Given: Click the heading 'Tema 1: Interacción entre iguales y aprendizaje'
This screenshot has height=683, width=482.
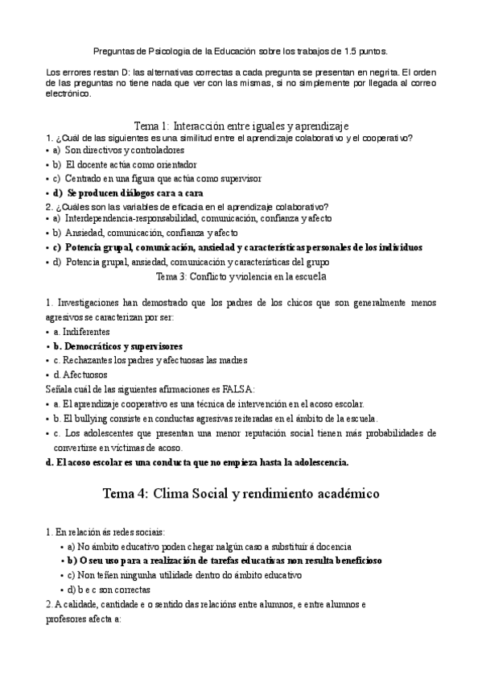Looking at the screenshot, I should pyautogui.click(x=241, y=126).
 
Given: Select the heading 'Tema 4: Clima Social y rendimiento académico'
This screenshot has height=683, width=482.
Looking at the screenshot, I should pyautogui.click(x=241, y=493).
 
